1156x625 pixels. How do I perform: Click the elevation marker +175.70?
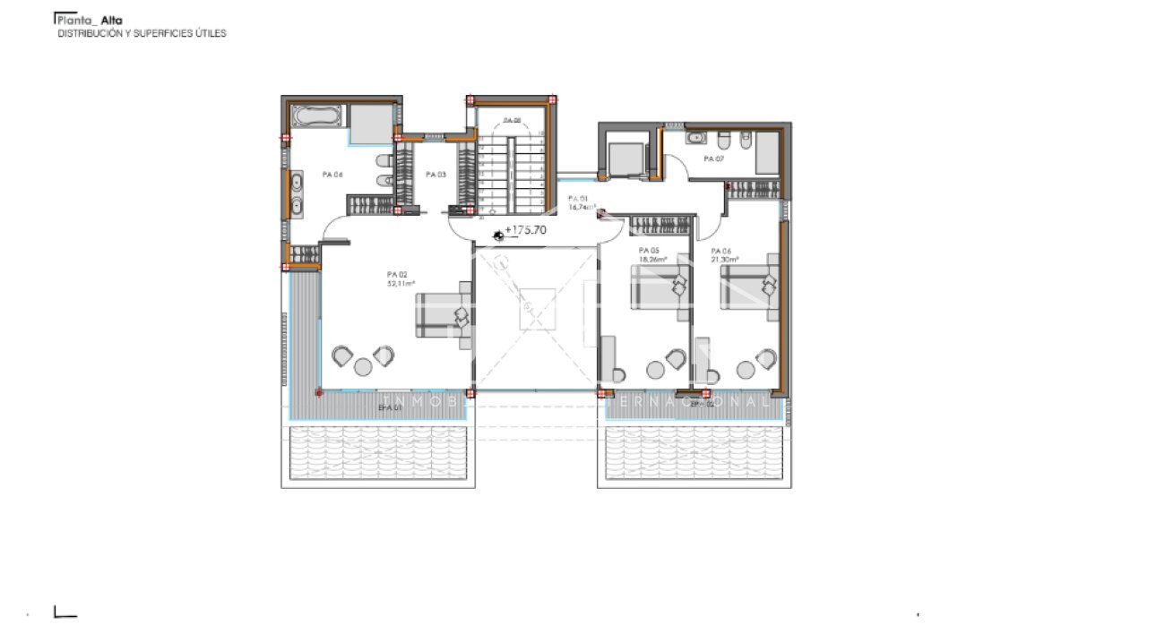525,230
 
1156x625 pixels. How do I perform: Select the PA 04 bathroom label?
332,175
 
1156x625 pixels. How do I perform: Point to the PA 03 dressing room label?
436,175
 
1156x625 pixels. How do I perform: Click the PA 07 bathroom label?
713,158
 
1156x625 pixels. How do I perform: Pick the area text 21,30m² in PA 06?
724,260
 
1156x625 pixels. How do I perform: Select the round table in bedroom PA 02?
362,366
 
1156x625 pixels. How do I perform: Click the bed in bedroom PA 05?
661,285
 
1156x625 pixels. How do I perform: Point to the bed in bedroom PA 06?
749,285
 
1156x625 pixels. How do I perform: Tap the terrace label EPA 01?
389,407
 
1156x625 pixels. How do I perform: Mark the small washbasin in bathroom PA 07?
694,139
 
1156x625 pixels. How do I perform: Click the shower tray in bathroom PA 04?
369,124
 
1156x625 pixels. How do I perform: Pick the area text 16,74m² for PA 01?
582,207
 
